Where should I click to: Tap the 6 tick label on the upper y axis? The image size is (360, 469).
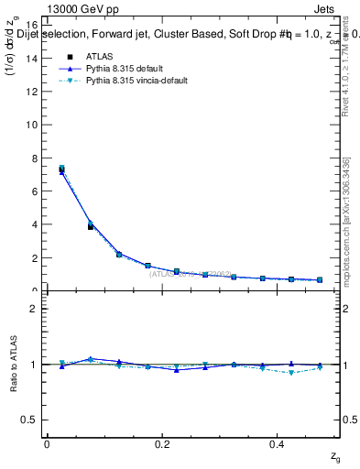click(x=34, y=191)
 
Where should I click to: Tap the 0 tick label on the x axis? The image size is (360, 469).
click(x=47, y=444)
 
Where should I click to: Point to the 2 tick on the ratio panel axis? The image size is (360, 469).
click(x=34, y=309)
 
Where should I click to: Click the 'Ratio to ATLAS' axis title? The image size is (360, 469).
click(x=12, y=364)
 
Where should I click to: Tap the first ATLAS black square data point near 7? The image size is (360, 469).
click(x=61, y=169)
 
